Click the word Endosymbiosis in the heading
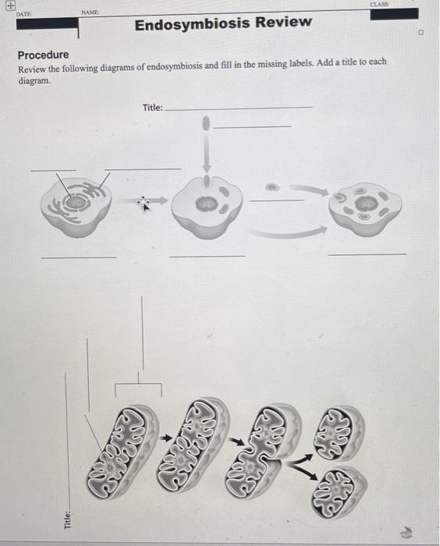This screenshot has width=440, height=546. coord(186,23)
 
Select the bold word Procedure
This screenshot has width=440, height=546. coord(43,55)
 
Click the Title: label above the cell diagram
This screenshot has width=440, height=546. coord(153,107)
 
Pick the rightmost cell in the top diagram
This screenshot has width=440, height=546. coord(364,207)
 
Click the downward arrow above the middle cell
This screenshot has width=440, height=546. coord(206,152)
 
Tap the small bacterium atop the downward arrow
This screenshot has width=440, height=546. coord(206,122)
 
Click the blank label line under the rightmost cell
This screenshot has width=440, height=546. coord(367,254)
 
